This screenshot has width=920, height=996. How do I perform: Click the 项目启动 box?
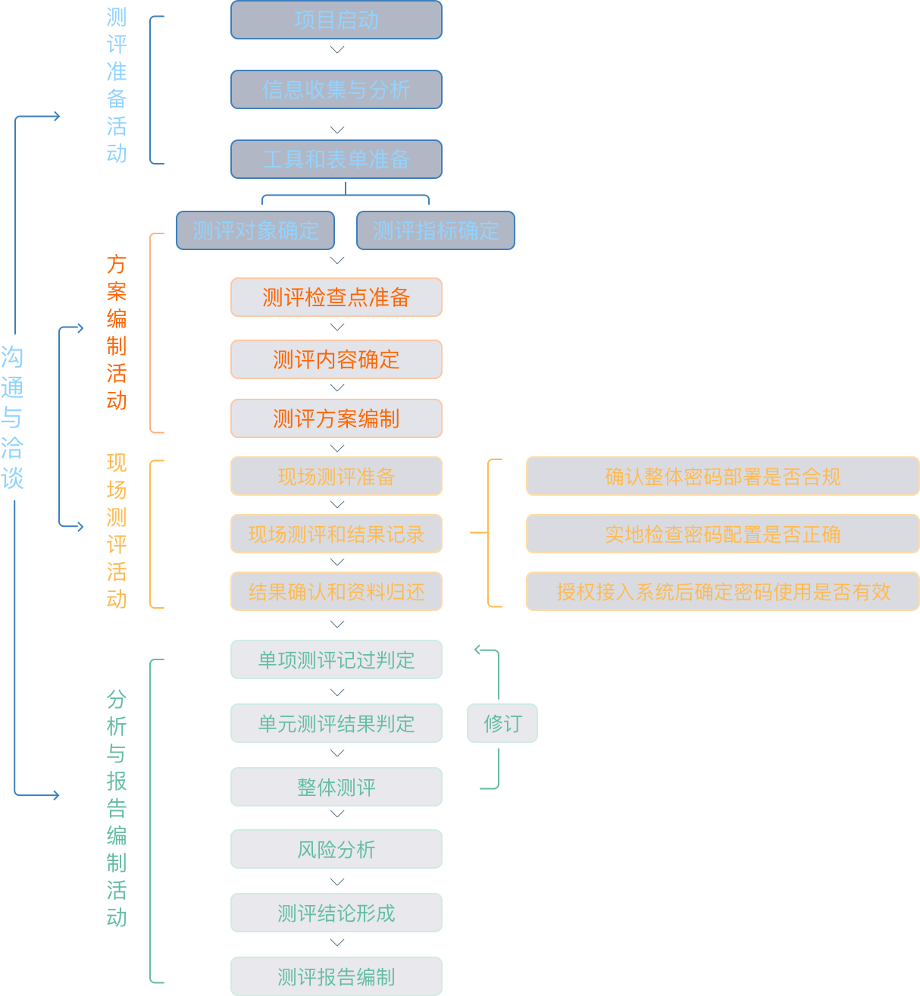(x=336, y=20)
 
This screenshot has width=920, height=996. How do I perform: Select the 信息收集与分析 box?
(x=336, y=89)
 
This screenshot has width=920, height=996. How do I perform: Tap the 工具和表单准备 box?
(x=336, y=159)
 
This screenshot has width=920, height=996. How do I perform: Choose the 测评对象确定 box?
(x=255, y=230)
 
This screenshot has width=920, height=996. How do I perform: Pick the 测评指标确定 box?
(x=436, y=230)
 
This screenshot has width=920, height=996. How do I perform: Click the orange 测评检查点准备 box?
(x=336, y=297)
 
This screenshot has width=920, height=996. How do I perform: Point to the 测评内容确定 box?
(x=336, y=359)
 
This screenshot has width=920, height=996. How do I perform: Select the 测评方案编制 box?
(x=336, y=418)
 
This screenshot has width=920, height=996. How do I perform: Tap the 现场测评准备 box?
(x=336, y=477)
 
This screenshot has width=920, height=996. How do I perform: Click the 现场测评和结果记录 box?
(x=336, y=534)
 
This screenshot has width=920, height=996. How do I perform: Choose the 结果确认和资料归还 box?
(x=336, y=592)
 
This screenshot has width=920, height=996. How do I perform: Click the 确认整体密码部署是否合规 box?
(x=722, y=477)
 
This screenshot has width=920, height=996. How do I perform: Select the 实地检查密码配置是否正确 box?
(x=722, y=534)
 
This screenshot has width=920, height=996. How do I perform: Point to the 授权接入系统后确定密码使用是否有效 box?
(x=722, y=592)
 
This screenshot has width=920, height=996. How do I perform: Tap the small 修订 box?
(x=502, y=723)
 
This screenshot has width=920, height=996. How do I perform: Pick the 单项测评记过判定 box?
(x=336, y=660)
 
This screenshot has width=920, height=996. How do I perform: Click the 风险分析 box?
(x=336, y=850)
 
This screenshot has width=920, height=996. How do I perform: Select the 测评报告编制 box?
(x=336, y=977)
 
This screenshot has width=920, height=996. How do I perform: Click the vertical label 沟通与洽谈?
(x=12, y=418)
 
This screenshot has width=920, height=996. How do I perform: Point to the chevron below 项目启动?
(x=337, y=50)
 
